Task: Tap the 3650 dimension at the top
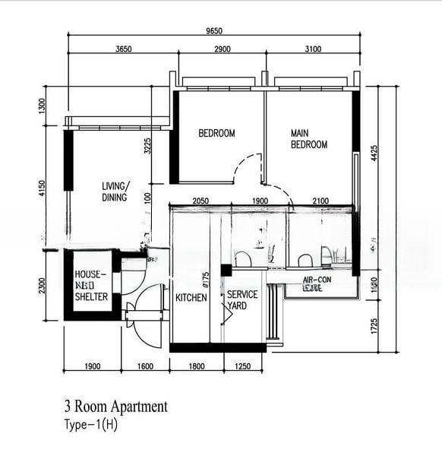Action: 124,49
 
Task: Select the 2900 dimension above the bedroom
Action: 222,49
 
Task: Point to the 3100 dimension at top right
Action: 312,49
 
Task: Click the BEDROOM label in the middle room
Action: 216,134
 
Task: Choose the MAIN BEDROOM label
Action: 308,139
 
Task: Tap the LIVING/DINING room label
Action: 115,192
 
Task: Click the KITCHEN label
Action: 191,298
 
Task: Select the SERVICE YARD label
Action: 242,300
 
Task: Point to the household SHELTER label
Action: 91,286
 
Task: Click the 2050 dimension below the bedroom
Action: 200,201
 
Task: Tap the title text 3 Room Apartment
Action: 115,407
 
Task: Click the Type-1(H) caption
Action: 91,424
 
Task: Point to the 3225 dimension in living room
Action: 147,146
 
